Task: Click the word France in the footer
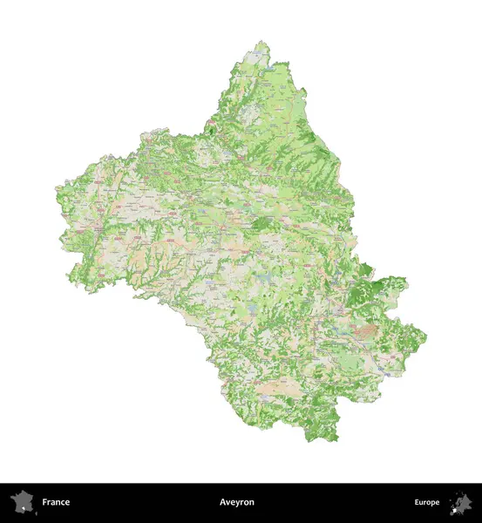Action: coord(56,502)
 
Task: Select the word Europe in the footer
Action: coord(426,502)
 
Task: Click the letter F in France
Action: coord(44,502)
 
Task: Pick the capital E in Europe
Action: coord(417,502)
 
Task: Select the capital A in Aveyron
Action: coord(222,502)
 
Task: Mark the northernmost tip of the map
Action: coord(259,42)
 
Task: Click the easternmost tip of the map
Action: coord(426,336)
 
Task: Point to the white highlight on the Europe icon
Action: coord(454,506)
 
